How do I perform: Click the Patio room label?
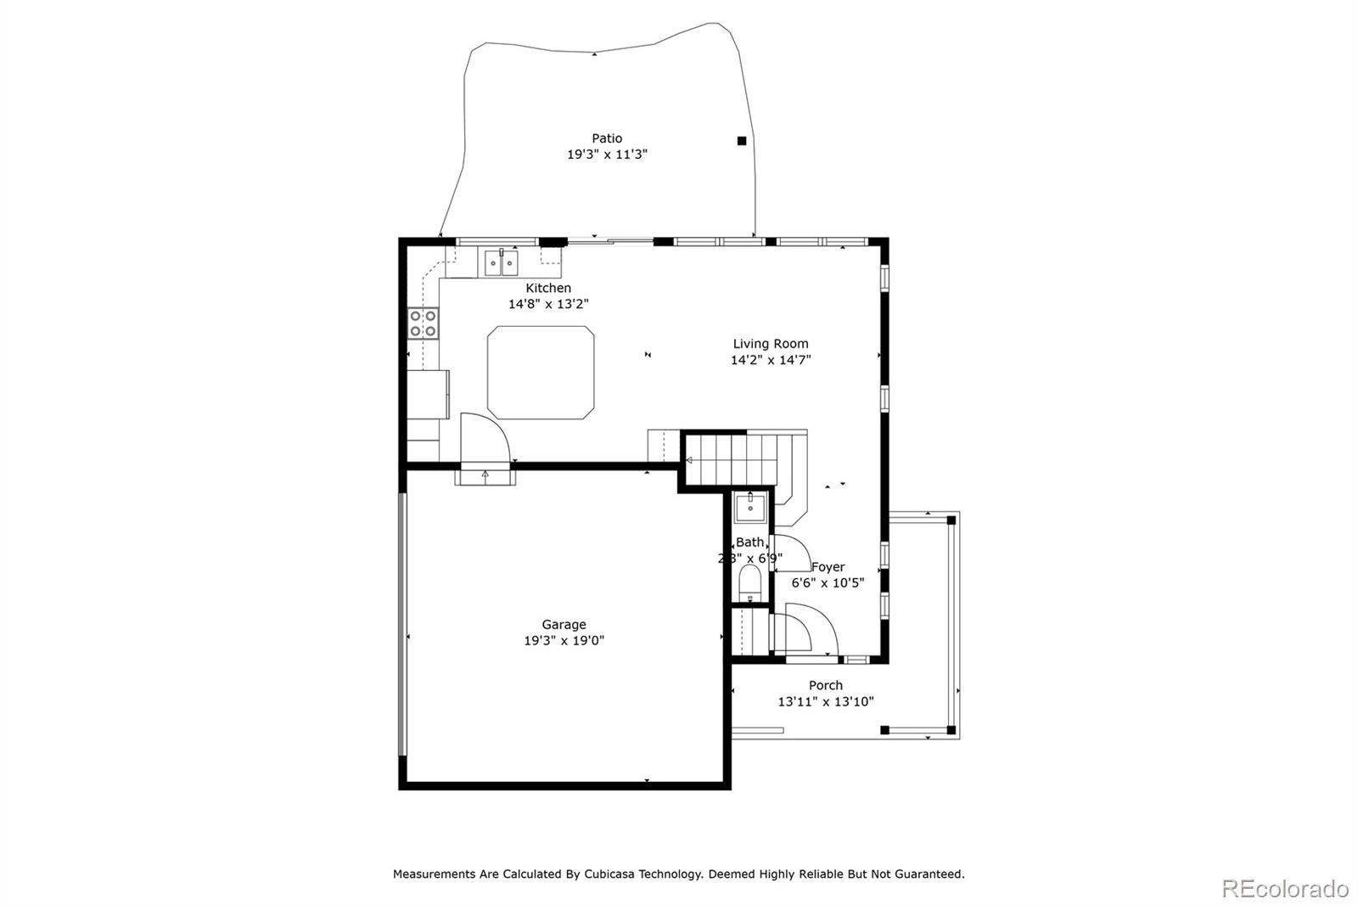click(607, 138)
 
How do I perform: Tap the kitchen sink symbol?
click(501, 264)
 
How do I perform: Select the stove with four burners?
click(424, 323)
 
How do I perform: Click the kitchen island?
click(541, 373)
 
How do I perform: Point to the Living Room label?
click(771, 344)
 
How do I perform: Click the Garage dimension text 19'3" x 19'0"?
click(564, 641)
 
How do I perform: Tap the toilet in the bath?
click(749, 583)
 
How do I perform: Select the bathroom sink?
click(750, 509)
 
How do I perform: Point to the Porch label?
click(825, 685)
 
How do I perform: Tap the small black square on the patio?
click(742, 141)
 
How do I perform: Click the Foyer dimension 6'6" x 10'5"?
click(828, 583)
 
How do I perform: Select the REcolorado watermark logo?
click(1284, 889)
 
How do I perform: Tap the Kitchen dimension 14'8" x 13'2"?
click(547, 304)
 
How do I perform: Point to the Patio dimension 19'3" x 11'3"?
click(607, 155)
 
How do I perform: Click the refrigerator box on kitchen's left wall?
click(428, 394)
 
